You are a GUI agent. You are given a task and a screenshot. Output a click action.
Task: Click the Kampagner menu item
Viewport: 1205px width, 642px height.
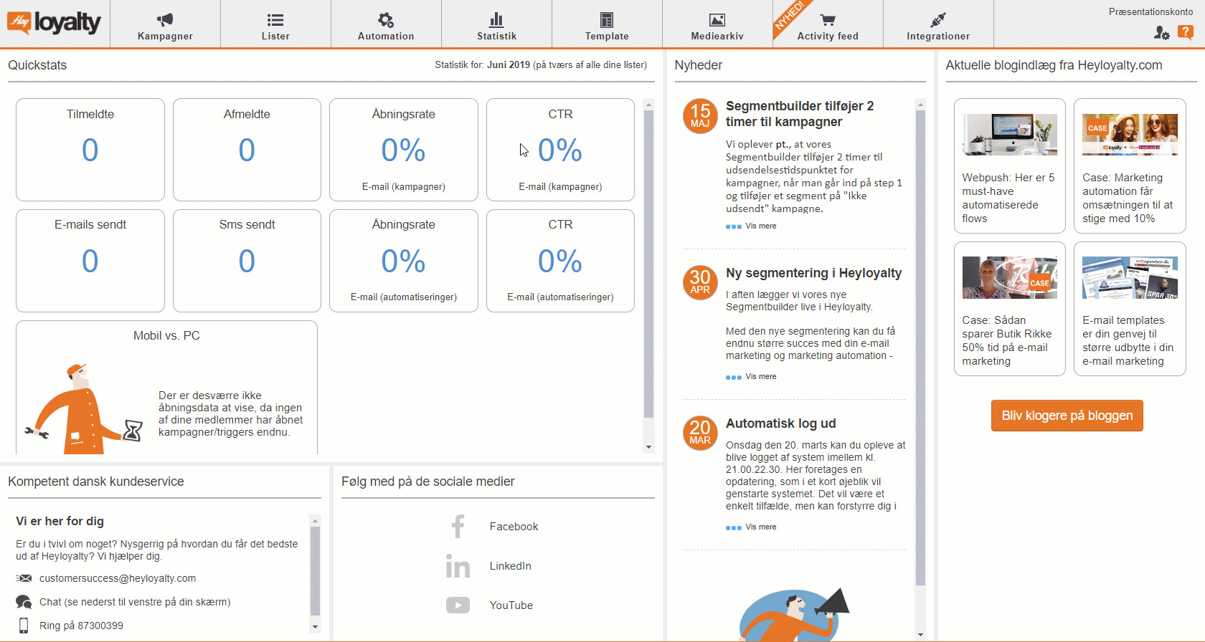(x=165, y=24)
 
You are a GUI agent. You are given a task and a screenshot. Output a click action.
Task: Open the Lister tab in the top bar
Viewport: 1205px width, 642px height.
(x=275, y=24)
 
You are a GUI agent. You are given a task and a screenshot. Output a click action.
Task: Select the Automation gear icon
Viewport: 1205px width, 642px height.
(x=386, y=20)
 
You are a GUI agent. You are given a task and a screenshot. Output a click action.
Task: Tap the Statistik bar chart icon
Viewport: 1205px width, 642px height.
(x=496, y=20)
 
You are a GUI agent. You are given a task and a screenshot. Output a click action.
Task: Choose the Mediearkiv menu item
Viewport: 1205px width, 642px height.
(x=717, y=24)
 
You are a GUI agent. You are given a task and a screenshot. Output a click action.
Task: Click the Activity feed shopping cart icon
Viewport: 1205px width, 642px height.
(x=828, y=20)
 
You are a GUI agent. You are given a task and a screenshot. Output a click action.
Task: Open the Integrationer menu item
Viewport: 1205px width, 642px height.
(x=938, y=24)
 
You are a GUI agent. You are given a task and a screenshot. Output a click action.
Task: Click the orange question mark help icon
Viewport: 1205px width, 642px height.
(x=1185, y=32)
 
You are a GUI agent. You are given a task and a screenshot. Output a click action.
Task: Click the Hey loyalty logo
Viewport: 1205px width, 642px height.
(x=54, y=22)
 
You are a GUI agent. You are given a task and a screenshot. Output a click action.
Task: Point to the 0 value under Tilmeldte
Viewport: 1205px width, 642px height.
(x=90, y=150)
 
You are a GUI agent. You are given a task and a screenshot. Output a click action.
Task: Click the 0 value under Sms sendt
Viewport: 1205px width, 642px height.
(x=247, y=261)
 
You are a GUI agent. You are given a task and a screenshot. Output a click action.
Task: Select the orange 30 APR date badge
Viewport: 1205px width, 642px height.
(x=700, y=282)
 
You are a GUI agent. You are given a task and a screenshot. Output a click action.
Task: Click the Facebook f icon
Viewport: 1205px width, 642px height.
(x=458, y=527)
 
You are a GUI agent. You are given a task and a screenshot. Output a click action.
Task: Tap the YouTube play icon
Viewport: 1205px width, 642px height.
(x=458, y=605)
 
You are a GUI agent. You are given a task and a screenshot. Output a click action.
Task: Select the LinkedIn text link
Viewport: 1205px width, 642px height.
(x=510, y=566)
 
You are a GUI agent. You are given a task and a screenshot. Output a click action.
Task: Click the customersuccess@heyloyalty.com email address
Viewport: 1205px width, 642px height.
(x=118, y=578)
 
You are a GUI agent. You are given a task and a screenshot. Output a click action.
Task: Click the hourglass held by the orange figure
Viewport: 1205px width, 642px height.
(x=132, y=431)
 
